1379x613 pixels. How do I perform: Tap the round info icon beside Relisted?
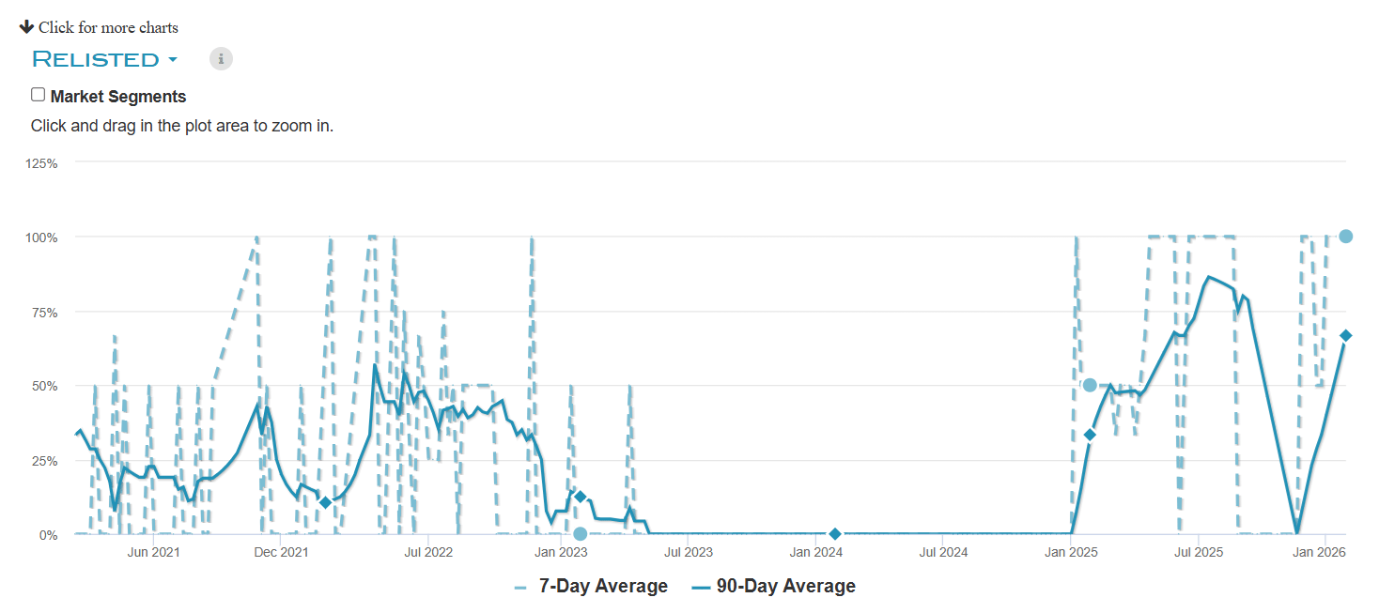pyautogui.click(x=221, y=59)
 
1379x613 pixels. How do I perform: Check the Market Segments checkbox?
pyautogui.click(x=38, y=95)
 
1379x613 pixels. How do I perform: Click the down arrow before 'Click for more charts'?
pyautogui.click(x=26, y=26)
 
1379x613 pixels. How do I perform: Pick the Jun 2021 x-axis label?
pyautogui.click(x=153, y=552)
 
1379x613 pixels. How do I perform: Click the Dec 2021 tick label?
pyautogui.click(x=281, y=552)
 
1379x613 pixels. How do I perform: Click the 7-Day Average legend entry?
pyautogui.click(x=592, y=587)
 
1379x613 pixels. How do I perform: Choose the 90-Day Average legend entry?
pyautogui.click(x=774, y=587)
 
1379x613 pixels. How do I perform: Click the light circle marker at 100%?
pyautogui.click(x=1345, y=237)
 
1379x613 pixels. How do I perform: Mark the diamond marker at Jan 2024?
pyautogui.click(x=835, y=534)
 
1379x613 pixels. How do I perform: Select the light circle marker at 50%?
pyautogui.click(x=1090, y=385)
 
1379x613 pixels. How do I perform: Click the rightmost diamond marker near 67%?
pyautogui.click(x=1345, y=335)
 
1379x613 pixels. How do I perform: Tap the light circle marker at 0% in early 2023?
pyautogui.click(x=580, y=534)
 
